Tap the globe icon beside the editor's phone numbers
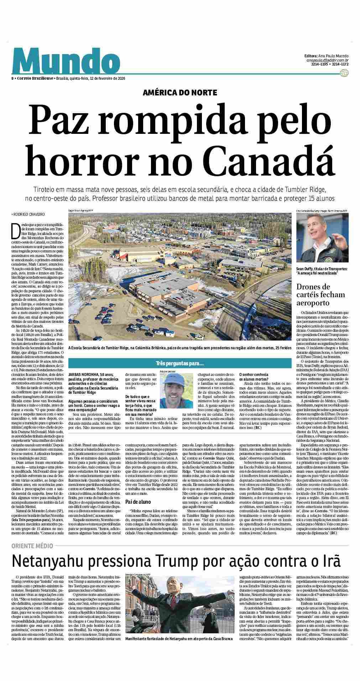tap(344, 73)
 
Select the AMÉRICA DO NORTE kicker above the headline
tap(179, 93)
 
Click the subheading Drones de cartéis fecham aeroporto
tap(316, 295)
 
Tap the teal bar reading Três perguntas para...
tap(180, 364)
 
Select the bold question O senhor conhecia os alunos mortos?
tap(254, 377)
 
